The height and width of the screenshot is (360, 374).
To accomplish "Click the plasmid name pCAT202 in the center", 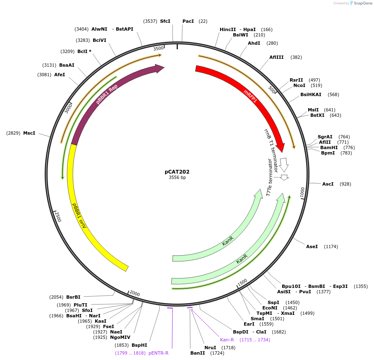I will coord(177,172).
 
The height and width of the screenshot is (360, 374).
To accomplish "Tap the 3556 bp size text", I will coord(177,178).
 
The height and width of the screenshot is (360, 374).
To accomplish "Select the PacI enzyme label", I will coord(188,21).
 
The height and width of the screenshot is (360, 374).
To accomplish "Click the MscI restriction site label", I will coord(29,133).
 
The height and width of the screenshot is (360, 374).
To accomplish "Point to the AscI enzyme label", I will coord(328,184).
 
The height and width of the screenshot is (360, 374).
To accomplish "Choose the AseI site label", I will coord(312,246).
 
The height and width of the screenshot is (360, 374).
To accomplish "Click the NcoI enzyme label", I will coord(299,85).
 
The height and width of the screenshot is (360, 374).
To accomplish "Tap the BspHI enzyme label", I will coord(139,345).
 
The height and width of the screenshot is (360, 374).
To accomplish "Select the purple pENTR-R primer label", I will coord(158,353).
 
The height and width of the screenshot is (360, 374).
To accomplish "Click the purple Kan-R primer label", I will coord(227,340).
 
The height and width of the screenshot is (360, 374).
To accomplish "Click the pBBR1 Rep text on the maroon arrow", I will coord(107,94).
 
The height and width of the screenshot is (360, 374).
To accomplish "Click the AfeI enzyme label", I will coord(60,75).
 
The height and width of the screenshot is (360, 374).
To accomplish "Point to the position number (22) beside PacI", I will coord(203,21).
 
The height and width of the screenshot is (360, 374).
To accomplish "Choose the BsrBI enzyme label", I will coord(73,297).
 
